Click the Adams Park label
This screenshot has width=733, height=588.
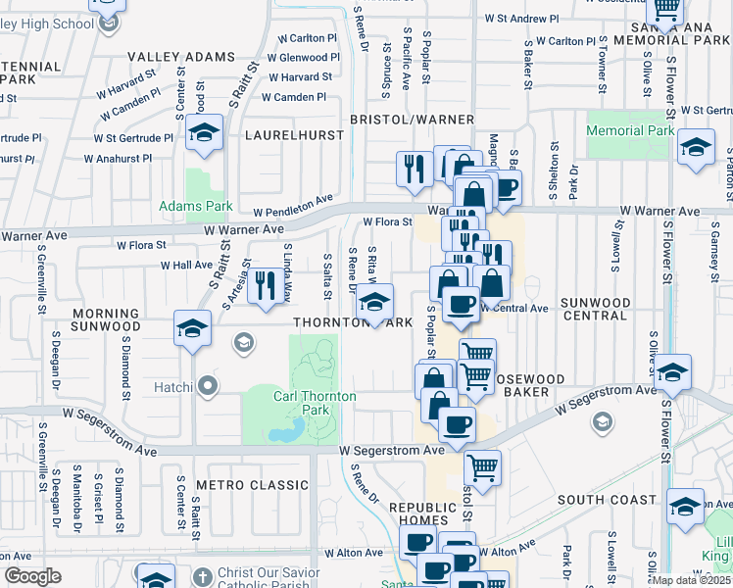[196, 207]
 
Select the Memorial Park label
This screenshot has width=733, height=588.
[630, 130]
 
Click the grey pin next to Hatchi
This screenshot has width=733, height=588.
[207, 386]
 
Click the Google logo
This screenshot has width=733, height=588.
[31, 576]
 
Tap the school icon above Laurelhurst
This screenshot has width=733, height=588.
[205, 134]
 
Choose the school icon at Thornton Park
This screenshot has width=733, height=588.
[372, 304]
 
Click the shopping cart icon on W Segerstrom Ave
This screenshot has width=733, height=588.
[481, 468]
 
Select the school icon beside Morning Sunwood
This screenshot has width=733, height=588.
[192, 329]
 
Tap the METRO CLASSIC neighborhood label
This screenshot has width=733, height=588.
[238, 485]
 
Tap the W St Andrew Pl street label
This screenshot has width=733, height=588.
[522, 19]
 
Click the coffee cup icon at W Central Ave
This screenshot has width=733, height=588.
[461, 303]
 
